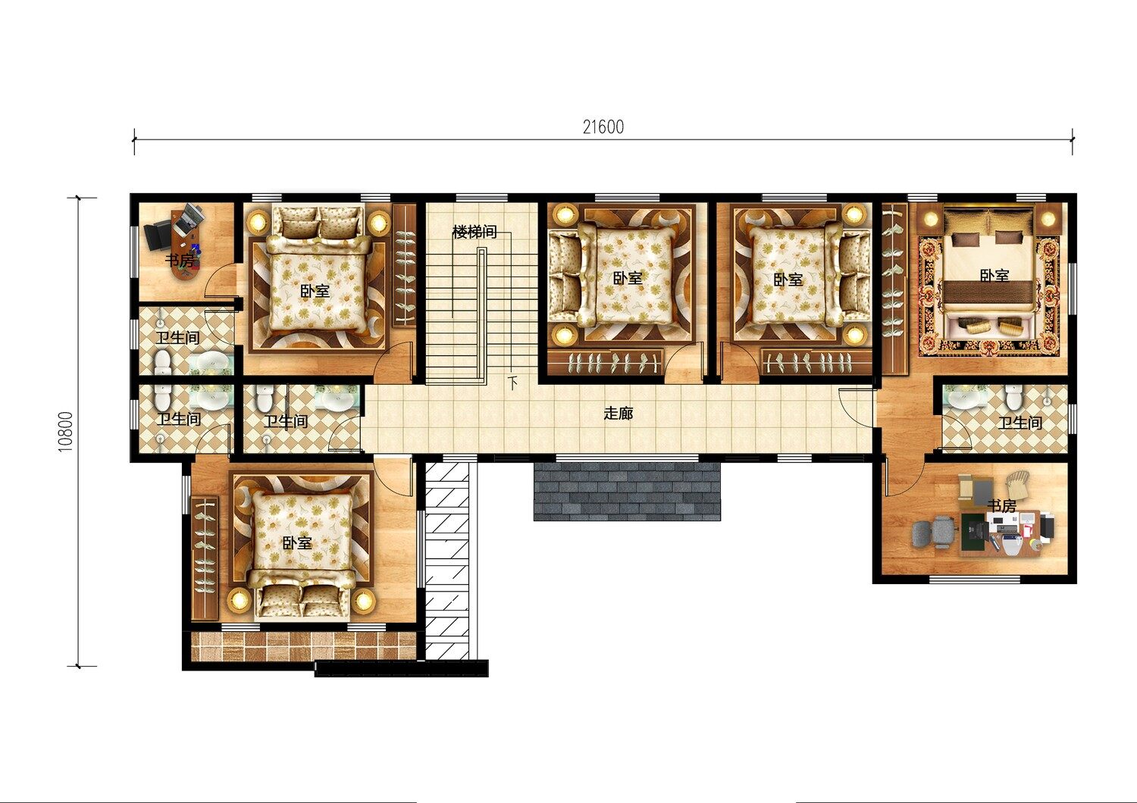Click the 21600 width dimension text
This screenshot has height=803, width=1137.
[x=603, y=127]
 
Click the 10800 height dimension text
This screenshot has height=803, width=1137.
[x=65, y=431]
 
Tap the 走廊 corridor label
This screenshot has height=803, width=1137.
[x=619, y=414]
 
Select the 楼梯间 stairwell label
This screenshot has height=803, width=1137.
[x=475, y=233]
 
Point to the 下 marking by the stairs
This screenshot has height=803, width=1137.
[x=513, y=382]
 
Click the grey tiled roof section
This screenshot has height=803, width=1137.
[x=627, y=491]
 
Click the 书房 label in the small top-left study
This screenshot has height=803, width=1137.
[x=179, y=261]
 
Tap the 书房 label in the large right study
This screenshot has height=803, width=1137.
[x=1001, y=506]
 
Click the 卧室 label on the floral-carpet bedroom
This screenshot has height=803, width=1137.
[x=994, y=276]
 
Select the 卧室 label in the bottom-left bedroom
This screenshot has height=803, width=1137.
[x=297, y=542]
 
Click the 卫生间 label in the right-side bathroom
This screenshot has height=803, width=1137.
[x=1020, y=423]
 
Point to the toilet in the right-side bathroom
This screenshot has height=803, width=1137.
[x=1013, y=396]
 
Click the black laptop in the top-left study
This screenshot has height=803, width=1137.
[x=157, y=236]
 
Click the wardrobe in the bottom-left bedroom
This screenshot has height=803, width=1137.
[x=205, y=558]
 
